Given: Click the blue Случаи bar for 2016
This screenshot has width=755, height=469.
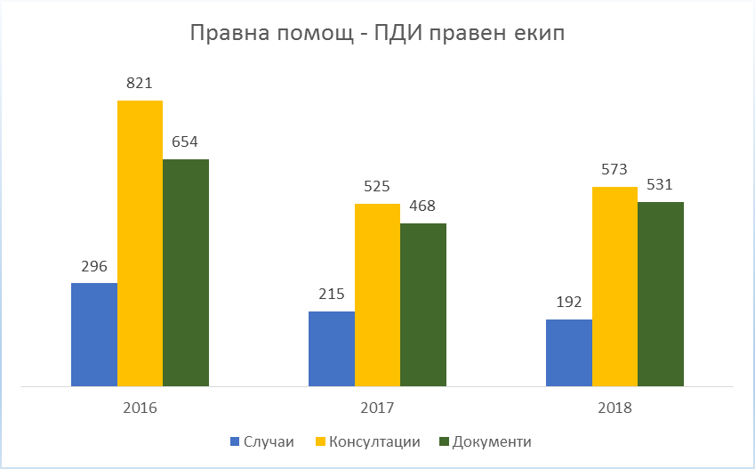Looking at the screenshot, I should pyautogui.click(x=94, y=335).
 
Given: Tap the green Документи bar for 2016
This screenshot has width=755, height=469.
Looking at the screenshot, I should pyautogui.click(x=186, y=272).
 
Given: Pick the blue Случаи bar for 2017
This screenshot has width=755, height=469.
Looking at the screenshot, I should pyautogui.click(x=332, y=349).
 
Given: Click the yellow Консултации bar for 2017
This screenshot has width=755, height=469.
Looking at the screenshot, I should pyautogui.click(x=377, y=295).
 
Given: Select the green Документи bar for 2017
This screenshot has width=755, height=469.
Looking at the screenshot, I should pyautogui.click(x=423, y=304).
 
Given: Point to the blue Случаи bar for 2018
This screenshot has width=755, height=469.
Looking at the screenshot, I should pyautogui.click(x=569, y=352).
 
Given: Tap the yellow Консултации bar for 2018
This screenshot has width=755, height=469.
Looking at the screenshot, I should pyautogui.click(x=614, y=287).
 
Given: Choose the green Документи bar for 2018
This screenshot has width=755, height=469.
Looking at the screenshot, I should pyautogui.click(x=661, y=294).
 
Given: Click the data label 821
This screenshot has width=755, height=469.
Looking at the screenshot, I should pyautogui.click(x=140, y=84).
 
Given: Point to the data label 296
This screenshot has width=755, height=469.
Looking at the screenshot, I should pyautogui.click(x=93, y=266).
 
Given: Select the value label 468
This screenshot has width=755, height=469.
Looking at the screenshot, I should pyautogui.click(x=423, y=206).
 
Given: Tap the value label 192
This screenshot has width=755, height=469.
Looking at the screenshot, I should pyautogui.click(x=569, y=302).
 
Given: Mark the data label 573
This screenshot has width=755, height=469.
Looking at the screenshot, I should pyautogui.click(x=614, y=170).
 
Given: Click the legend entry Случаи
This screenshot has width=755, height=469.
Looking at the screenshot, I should pyautogui.click(x=267, y=442).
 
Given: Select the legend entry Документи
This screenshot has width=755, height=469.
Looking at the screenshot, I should pyautogui.click(x=492, y=442).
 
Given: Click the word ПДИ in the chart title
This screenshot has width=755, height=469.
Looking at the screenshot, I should pyautogui.click(x=397, y=36).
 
